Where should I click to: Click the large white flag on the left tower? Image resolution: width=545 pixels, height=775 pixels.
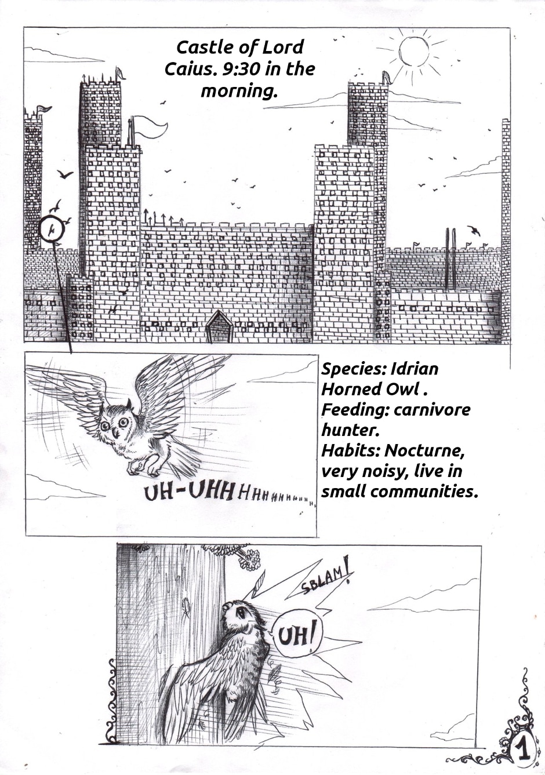pyautogui.click(x=150, y=127)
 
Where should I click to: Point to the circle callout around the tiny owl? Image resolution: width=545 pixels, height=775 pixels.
pyautogui.click(x=52, y=230)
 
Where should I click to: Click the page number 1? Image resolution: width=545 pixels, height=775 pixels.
pyautogui.click(x=523, y=748)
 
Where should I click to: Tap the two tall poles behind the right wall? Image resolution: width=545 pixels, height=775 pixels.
pyautogui.click(x=450, y=259)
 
